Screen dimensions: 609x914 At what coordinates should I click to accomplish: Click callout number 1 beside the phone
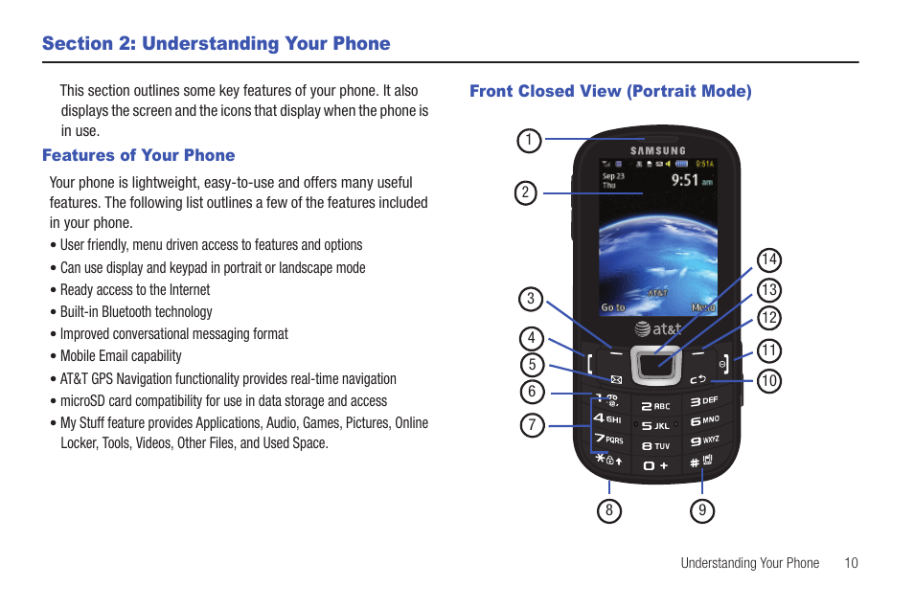click(528, 141)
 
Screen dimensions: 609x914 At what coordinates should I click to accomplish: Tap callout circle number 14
click(768, 259)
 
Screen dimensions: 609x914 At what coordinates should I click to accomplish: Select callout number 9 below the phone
click(702, 510)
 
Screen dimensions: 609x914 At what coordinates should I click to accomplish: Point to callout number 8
click(608, 510)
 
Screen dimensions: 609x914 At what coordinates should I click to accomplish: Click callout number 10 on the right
click(768, 381)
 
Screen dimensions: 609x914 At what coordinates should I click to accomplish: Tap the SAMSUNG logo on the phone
click(657, 150)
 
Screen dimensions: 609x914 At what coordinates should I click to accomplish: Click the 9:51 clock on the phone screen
click(684, 179)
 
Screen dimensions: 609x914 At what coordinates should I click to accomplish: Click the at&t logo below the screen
click(657, 328)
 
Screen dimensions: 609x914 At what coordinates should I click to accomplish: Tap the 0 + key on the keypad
click(656, 464)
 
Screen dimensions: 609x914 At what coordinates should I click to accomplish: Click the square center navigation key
click(656, 364)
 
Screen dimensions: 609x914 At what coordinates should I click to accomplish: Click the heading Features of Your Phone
click(138, 155)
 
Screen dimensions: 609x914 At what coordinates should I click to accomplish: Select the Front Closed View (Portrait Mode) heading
click(610, 91)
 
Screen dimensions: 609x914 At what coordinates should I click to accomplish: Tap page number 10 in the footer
click(851, 563)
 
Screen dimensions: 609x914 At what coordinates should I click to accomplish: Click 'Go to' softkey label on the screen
click(613, 307)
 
